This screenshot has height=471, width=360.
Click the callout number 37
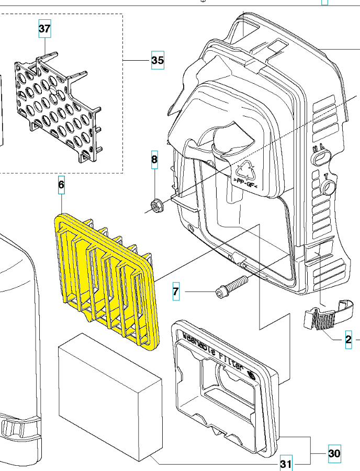tap(45, 29)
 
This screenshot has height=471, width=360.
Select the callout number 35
tap(157, 61)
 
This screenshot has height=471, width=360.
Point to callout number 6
tap(61, 184)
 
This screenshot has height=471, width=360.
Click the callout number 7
tap(176, 291)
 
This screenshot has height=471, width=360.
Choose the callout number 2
tap(348, 341)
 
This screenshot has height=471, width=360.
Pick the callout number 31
tap(285, 463)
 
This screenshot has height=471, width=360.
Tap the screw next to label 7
tap(230, 286)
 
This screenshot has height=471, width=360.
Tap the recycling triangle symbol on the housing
tap(245, 170)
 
